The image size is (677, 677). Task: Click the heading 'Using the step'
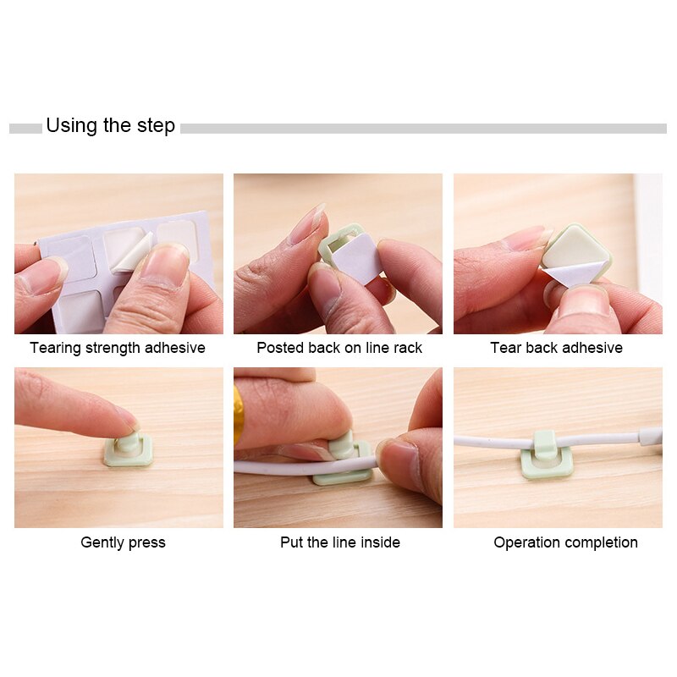[x=110, y=126]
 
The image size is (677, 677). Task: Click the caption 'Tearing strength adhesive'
[x=118, y=348]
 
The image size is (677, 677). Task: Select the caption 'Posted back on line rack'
[x=339, y=348]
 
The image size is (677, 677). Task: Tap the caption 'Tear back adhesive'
[x=556, y=348]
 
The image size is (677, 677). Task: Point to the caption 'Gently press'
[x=123, y=542]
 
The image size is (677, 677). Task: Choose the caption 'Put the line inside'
[x=340, y=542]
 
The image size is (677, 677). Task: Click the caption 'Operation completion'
[x=565, y=542]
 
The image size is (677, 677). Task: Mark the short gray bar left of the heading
[x=25, y=129]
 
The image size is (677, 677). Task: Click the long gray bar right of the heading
[x=423, y=129]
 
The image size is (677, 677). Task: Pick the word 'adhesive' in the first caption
[x=175, y=348]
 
